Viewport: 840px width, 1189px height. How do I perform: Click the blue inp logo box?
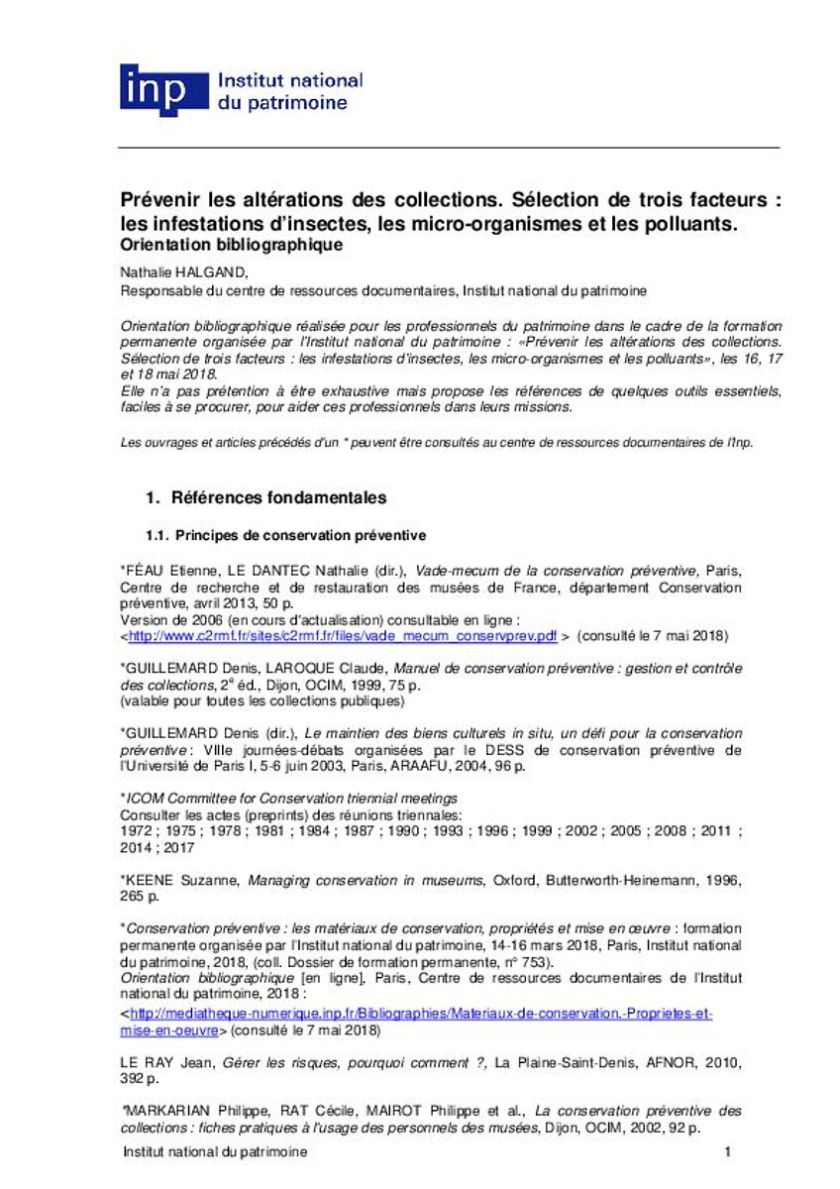(154, 91)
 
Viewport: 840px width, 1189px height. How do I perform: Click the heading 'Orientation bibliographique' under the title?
(232, 244)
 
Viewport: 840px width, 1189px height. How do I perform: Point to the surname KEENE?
(150, 879)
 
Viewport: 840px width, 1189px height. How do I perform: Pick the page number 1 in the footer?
(727, 1152)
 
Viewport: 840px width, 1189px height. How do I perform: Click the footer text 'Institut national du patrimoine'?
(214, 1152)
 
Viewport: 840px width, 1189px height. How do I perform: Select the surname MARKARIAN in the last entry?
(164, 1112)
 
